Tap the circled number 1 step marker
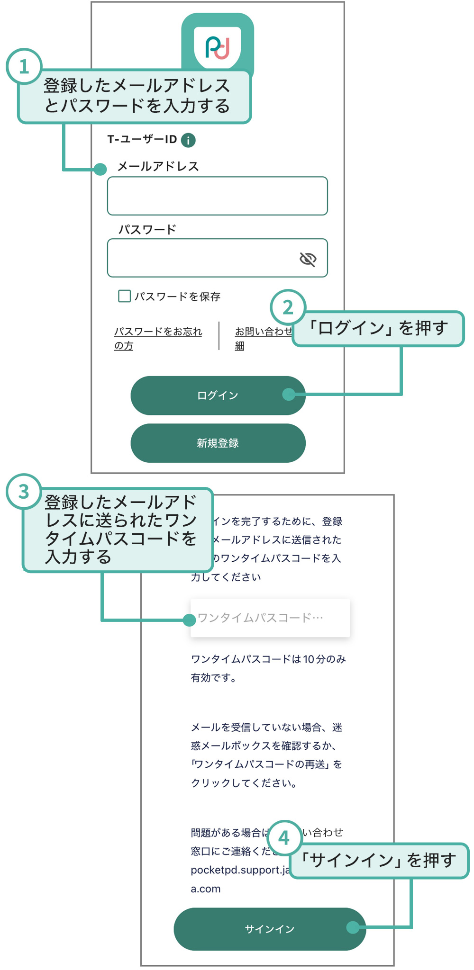(24, 67)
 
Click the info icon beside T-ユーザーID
(188, 140)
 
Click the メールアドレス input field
(217, 196)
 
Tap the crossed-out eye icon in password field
(308, 259)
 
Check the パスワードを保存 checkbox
(124, 296)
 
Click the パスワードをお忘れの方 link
(157, 338)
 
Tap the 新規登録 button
(218, 443)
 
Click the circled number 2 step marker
(288, 308)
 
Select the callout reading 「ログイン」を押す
(378, 328)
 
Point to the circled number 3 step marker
(24, 492)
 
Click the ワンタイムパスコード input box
(270, 618)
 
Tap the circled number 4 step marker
(284, 838)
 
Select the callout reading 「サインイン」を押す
(379, 861)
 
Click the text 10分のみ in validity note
(325, 659)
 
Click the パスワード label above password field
(147, 230)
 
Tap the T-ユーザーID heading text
(142, 140)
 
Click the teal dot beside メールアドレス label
(100, 169)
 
